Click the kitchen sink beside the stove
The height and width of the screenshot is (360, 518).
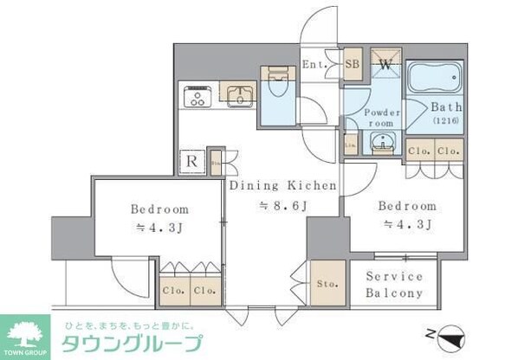pos(236,93)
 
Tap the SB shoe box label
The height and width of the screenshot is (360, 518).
pos(353,62)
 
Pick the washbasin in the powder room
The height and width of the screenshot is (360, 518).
pos(381,144)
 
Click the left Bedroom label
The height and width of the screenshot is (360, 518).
pos(159,209)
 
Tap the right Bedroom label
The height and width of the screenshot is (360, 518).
pos(405,207)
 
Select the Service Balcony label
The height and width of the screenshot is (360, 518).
pos(394,285)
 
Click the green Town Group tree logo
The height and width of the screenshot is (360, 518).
pos(26,333)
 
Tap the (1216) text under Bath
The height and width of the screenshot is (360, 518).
pos(446,123)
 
